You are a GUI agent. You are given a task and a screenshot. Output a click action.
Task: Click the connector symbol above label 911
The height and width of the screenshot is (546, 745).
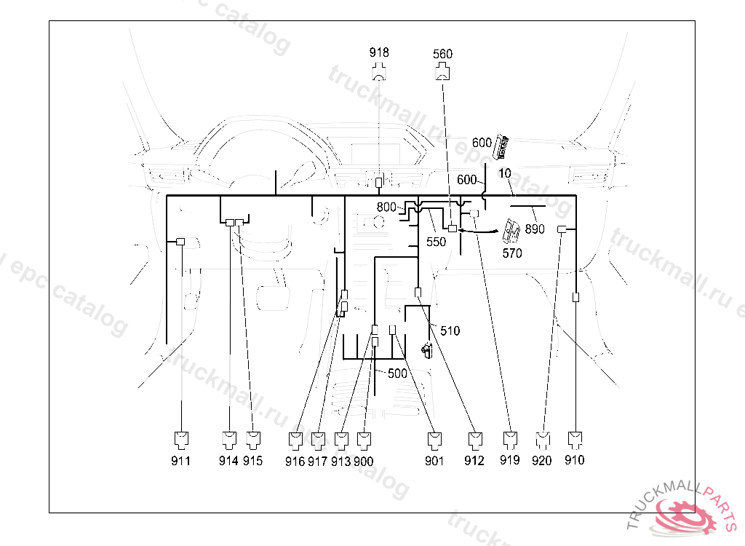pos(180,438)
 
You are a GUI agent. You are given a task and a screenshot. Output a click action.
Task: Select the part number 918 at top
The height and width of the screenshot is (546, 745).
pos(379,52)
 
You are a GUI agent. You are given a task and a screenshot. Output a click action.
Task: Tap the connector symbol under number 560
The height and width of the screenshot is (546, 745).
pos(442,71)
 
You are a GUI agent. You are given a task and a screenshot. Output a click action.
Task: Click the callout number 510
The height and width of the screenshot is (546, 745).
pos(450,331)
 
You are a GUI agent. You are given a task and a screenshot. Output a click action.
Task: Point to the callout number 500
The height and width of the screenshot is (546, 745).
pos(397,373)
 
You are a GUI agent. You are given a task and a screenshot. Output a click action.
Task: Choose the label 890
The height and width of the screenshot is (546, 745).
pos(534,229)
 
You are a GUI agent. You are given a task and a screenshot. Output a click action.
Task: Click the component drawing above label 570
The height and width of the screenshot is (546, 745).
pos(511,232)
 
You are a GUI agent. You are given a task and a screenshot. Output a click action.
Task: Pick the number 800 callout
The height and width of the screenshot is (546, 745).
pos(387,207)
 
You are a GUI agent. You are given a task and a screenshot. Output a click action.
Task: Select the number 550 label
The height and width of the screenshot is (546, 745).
pos(436,242)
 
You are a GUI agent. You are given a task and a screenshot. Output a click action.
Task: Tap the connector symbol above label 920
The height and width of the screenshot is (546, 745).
pos(542,439)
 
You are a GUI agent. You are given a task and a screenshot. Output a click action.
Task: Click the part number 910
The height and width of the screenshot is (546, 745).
pos(574,460)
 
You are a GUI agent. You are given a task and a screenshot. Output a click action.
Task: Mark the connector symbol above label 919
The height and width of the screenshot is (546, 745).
pos(510,438)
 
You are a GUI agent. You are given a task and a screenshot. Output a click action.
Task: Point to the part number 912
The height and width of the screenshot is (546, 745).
pos(474,460)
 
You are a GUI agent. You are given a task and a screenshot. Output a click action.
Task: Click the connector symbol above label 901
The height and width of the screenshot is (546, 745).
pos(434,439)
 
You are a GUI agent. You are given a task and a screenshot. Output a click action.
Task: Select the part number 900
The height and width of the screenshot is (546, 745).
pos(364,461)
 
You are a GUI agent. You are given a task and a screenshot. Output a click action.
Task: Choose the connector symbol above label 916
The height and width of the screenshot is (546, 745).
pos(295,439)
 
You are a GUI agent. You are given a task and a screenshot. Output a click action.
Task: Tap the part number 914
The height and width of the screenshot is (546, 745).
pos(228,461)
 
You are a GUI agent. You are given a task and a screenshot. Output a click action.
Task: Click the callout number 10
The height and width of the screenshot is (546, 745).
pos(506,173)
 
